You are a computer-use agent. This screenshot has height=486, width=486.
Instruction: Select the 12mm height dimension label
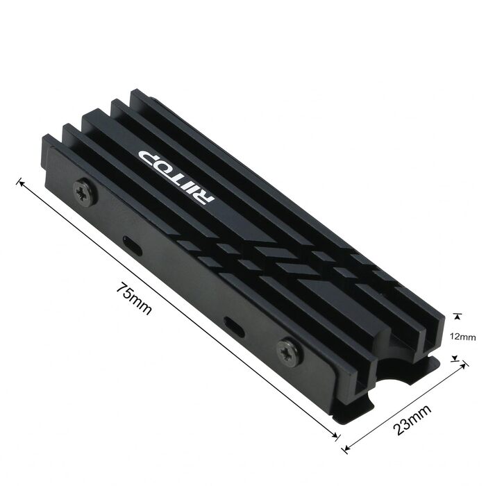[x=463, y=337]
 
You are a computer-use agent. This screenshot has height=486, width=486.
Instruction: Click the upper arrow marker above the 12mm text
[x=456, y=314]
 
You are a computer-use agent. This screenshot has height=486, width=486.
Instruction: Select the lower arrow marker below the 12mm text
[x=456, y=359]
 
